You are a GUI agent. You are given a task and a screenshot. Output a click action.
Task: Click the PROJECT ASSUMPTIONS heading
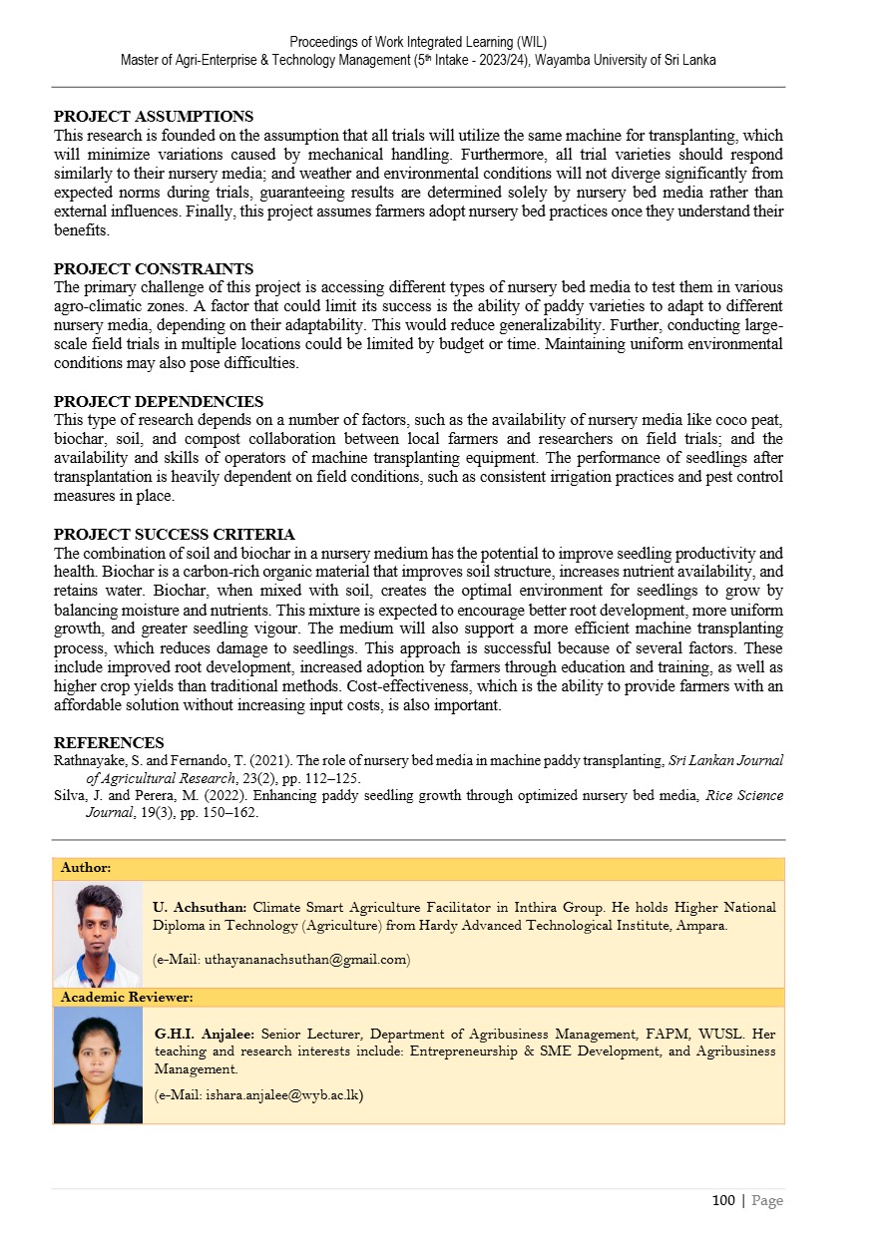click(x=153, y=117)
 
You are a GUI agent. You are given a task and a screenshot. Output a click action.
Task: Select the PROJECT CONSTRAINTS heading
click(x=153, y=269)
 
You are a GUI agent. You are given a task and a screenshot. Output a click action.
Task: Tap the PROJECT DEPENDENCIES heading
click(x=158, y=402)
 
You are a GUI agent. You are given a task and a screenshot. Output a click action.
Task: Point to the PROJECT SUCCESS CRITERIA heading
click(x=174, y=535)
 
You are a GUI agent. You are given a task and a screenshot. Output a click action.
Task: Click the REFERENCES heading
click(x=109, y=742)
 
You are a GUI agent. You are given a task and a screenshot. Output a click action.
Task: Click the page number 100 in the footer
click(x=723, y=1200)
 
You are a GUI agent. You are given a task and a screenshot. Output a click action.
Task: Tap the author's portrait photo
click(x=98, y=935)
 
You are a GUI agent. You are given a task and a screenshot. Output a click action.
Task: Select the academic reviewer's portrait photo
click(x=98, y=1064)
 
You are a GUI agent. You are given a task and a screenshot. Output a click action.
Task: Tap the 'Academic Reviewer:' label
click(x=127, y=997)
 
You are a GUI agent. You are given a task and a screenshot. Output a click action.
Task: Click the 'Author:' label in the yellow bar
click(x=86, y=868)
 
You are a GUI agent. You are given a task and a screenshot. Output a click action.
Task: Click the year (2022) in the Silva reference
click(x=197, y=795)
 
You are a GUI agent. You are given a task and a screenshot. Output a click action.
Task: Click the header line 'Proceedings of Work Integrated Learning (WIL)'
click(x=418, y=42)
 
